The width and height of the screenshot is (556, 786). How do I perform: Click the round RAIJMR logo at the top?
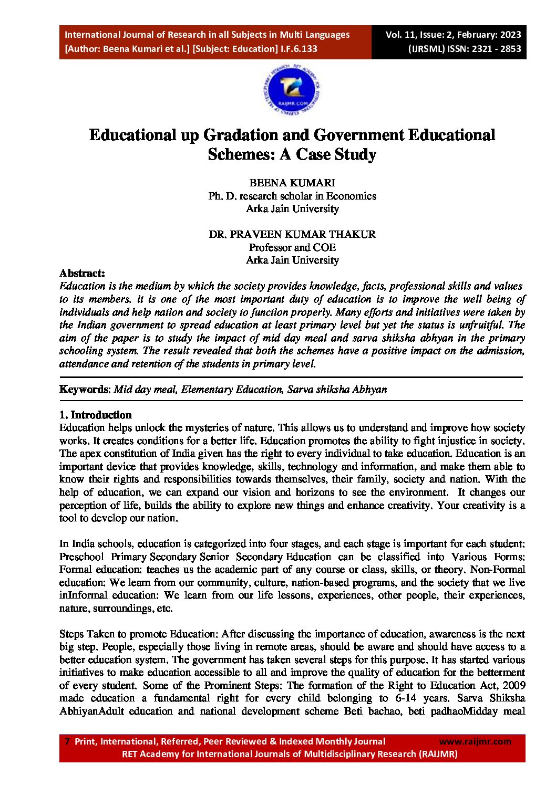point(292,90)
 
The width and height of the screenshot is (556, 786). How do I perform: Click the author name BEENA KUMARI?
point(292,183)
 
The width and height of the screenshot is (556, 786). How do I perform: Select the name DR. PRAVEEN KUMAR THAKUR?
point(292,234)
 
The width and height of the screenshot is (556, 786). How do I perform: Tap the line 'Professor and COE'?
point(292,247)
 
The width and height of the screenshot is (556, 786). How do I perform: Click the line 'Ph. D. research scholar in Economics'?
point(292,196)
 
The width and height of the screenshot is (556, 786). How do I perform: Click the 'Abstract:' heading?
point(82,273)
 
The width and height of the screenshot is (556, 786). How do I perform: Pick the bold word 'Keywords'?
point(84,390)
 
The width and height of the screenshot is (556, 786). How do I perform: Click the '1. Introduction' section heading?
point(95,415)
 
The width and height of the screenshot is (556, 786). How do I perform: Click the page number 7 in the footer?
point(67,741)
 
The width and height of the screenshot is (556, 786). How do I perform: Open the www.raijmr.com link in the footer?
point(475,741)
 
